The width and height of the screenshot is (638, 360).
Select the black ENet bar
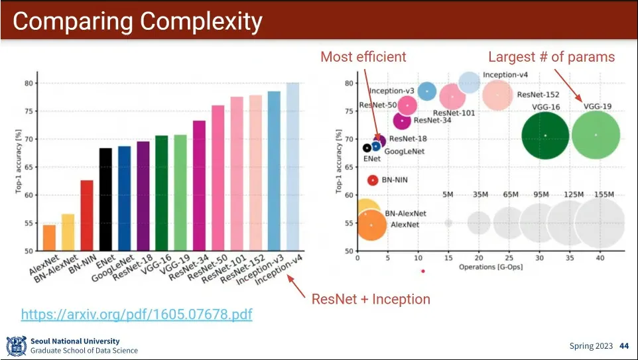click(105, 199)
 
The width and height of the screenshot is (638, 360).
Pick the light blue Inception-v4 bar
click(292, 166)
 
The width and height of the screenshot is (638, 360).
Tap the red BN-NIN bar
click(86, 215)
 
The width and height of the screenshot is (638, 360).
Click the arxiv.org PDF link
click(137, 314)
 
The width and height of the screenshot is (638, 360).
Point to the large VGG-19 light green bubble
click(596, 135)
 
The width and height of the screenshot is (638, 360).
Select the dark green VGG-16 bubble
click(545, 135)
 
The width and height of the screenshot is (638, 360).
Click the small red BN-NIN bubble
click(373, 180)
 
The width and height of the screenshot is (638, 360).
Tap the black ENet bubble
click(367, 148)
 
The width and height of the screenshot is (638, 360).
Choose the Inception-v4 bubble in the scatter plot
click(470, 82)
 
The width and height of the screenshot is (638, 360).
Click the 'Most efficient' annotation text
click(363, 57)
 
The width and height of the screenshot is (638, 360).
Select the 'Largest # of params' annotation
click(551, 57)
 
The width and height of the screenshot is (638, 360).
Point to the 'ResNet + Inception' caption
click(371, 299)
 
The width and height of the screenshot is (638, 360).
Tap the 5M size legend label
click(448, 194)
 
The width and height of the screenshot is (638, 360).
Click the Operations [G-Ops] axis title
click(491, 267)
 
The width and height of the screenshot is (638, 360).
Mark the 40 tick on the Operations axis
click(600, 257)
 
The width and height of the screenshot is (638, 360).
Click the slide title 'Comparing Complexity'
click(137, 21)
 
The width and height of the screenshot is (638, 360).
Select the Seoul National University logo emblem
click(16, 345)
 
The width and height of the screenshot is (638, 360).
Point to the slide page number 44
click(623, 345)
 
